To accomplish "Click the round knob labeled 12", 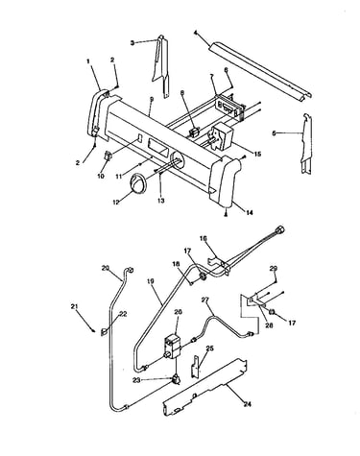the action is [x=138, y=183].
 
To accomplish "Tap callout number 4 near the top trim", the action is [x=195, y=32].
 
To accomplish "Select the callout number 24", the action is [x=247, y=404].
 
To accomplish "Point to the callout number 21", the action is [x=75, y=306].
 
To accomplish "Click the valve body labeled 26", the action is [x=173, y=348].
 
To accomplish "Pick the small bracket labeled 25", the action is [x=196, y=368].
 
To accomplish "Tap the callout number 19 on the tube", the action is [x=151, y=281].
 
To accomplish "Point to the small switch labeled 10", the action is [x=108, y=156].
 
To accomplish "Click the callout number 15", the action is [x=257, y=155].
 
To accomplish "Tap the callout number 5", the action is [x=274, y=133].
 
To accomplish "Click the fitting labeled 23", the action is [x=176, y=380].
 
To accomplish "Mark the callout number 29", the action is [x=273, y=268].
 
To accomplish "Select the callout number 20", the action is [x=106, y=268].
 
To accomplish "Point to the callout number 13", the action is [x=160, y=201].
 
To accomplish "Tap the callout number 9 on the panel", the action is [x=152, y=99].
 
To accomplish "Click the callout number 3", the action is [x=132, y=42].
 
